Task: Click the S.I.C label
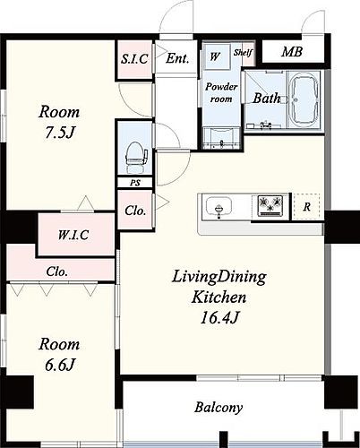[134, 58]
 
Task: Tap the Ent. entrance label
[177, 58]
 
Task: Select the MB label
[292, 52]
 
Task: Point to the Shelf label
[243, 53]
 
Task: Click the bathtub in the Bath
[304, 100]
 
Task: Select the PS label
[135, 183]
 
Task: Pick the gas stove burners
[270, 206]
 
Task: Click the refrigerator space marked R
[307, 207]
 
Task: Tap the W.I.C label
[73, 235]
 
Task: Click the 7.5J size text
[59, 133]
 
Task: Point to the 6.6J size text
[59, 365]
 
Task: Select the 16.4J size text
[219, 318]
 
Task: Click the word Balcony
[219, 408]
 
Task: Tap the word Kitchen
[219, 297]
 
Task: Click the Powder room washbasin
[221, 138]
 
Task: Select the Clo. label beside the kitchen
[135, 211]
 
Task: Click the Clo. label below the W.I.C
[56, 271]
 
